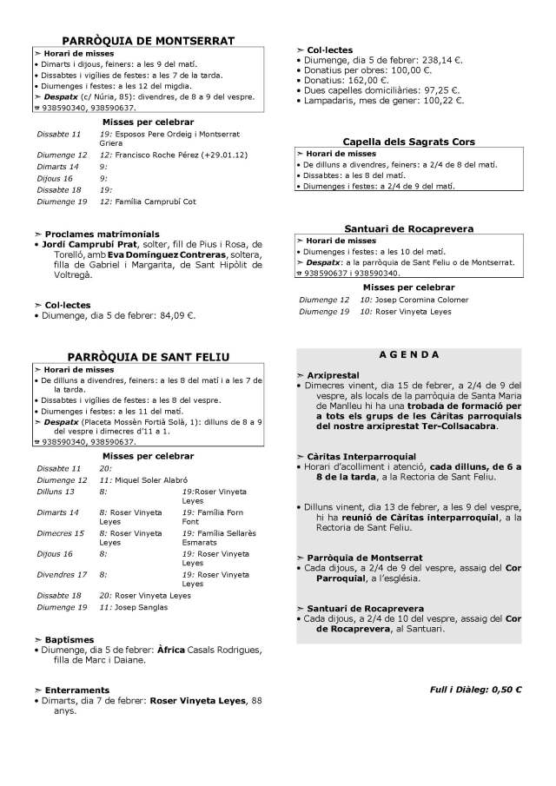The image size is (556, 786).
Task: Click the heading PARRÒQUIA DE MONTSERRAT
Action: pos(149,41)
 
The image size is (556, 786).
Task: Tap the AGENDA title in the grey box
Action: pos(409,355)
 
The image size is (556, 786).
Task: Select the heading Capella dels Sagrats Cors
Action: pos(409,141)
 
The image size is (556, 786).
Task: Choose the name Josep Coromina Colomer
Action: pos(411,300)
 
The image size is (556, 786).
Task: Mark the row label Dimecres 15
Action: pos(61,533)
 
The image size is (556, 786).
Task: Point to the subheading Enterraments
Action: pos(79,690)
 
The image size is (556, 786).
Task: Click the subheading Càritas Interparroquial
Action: pos(361,456)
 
